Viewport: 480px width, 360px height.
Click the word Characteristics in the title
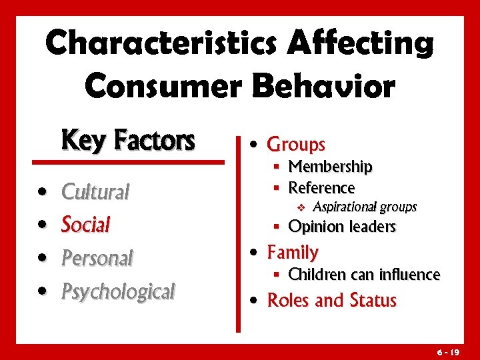pyautogui.click(x=164, y=43)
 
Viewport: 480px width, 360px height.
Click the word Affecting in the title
pyautogui.click(x=360, y=43)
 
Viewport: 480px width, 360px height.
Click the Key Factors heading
pyautogui.click(x=128, y=141)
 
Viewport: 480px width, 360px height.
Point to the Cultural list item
pyautogui.click(x=95, y=192)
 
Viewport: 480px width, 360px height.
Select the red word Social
pyautogui.click(x=85, y=225)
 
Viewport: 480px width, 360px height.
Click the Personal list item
pyautogui.click(x=97, y=257)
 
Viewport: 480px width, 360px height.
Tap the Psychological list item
pyautogui.click(x=118, y=291)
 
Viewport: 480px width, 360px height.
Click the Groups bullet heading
pyautogui.click(x=295, y=144)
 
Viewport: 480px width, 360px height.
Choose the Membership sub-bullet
pyautogui.click(x=330, y=166)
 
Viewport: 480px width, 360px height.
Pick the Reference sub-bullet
pyautogui.click(x=321, y=188)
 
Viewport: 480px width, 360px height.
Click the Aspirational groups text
pyautogui.click(x=364, y=207)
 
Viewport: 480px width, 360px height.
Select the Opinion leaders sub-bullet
pyautogui.click(x=342, y=227)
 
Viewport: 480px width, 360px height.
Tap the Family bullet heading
pyautogui.click(x=293, y=252)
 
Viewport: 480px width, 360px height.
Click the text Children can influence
pyautogui.click(x=364, y=274)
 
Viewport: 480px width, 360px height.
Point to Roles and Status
pyautogui.click(x=331, y=301)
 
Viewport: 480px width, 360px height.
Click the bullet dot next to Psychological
pyautogui.click(x=43, y=291)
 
